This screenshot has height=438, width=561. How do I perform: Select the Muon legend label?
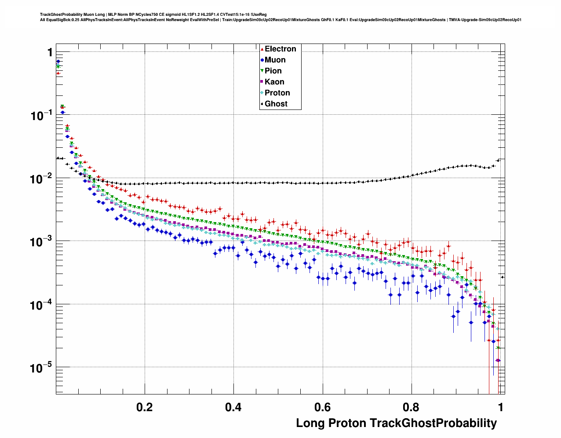pyautogui.click(x=275, y=60)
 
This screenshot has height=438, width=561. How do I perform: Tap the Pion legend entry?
pyautogui.click(x=273, y=71)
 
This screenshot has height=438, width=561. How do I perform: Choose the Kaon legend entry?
pyautogui.click(x=274, y=82)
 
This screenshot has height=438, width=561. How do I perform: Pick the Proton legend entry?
pyautogui.click(x=277, y=93)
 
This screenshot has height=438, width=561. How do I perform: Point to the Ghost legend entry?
pyautogui.click(x=276, y=104)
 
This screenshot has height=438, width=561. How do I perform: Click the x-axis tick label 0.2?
pyautogui.click(x=145, y=407)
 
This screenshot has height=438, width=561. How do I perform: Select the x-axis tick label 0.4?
pyautogui.click(x=233, y=407)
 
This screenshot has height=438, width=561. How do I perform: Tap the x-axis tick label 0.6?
pyautogui.click(x=322, y=407)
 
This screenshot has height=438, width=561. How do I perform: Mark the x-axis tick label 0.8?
pyautogui.click(x=411, y=407)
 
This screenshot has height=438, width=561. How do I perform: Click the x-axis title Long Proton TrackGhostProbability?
pyautogui.click(x=396, y=423)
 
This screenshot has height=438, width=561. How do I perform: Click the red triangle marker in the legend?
pyautogui.click(x=262, y=49)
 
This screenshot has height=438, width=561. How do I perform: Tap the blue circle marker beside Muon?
pyautogui.click(x=262, y=60)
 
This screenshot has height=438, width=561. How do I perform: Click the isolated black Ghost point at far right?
pyautogui.click(x=503, y=277)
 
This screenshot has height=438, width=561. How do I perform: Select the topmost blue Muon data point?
pyautogui.click(x=58, y=62)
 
